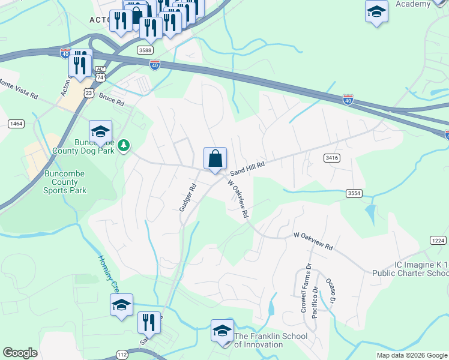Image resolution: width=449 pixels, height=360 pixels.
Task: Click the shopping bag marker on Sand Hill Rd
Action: (x=215, y=160)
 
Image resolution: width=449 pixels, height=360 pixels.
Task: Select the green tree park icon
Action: (x=124, y=145)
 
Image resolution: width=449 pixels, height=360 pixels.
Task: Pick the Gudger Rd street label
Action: (x=188, y=196)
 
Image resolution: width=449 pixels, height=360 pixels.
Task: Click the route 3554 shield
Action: (x=354, y=193)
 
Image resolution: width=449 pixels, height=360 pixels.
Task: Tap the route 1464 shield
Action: (x=16, y=124)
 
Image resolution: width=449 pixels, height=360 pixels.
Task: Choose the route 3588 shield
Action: (x=145, y=49)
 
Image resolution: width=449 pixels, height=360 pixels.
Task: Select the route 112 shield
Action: (x=122, y=355)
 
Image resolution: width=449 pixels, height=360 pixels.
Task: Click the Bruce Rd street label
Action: (x=112, y=100)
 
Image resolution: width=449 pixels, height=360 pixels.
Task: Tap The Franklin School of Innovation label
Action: (x=258, y=340)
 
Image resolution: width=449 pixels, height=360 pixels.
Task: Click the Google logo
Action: (x=20, y=353)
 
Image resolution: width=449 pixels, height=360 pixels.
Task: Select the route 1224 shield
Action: (x=439, y=240)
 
